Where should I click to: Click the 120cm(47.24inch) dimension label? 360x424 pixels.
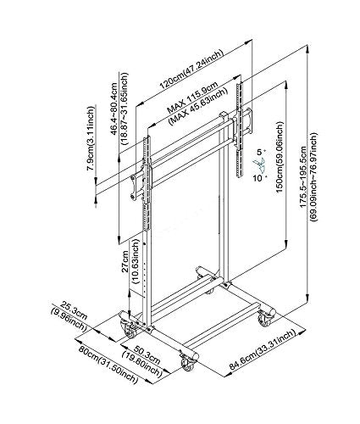191,70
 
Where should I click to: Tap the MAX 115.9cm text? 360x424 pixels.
193,98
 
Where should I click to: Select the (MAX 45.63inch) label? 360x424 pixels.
198,107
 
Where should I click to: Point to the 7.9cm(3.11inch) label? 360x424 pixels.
90,138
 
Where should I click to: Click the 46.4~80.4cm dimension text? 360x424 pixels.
114,109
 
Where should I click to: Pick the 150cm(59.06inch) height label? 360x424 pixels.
280,157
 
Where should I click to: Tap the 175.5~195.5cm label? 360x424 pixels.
304,176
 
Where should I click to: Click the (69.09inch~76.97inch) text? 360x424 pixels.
313,176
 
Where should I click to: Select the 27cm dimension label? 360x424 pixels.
125,261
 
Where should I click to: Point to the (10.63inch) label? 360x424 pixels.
136,261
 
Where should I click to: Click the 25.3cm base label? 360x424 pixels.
75,310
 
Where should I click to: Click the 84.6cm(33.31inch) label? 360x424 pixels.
263,349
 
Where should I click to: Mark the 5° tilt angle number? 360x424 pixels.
261,153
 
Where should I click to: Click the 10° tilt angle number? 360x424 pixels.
259,178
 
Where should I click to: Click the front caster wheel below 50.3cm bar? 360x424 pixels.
187,363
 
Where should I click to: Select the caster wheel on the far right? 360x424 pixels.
265,320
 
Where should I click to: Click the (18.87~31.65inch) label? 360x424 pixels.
125,109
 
